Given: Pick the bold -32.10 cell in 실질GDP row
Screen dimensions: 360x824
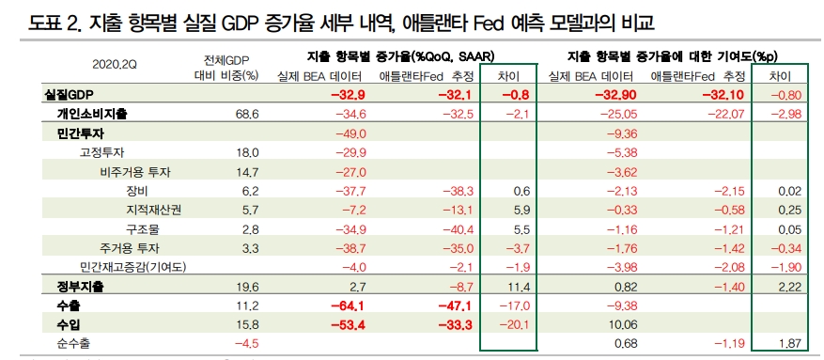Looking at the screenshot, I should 720,96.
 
